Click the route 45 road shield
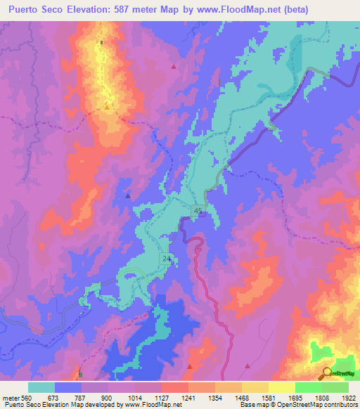(x=199, y=212)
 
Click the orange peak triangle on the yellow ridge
(x=106, y=107)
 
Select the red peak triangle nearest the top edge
(x=174, y=67)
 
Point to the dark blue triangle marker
(x=127, y=197)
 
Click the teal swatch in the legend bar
(x=41, y=387)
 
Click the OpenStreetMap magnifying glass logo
(x=326, y=374)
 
